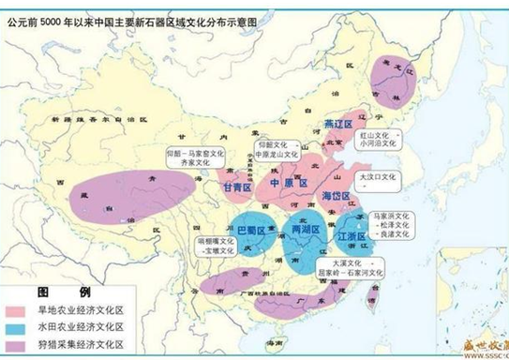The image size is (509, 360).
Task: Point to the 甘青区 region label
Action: point(237,188)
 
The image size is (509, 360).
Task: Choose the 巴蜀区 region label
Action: point(251,228)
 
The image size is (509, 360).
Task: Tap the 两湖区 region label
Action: point(306,229)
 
